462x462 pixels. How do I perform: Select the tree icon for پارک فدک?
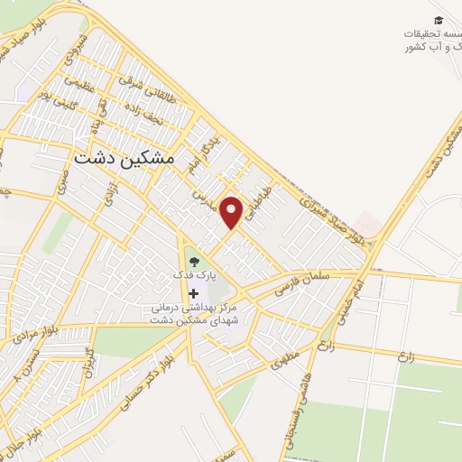(194, 262)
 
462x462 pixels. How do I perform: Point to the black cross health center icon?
(194, 293)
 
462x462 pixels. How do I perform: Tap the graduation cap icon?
(439, 20)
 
